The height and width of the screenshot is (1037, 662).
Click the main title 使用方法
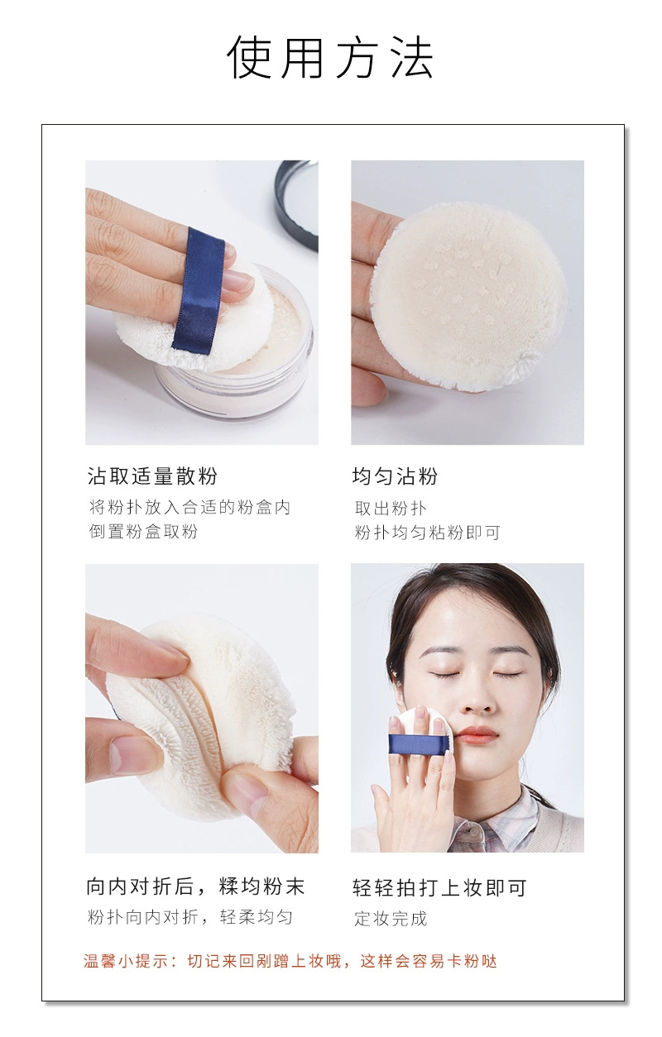click(330, 58)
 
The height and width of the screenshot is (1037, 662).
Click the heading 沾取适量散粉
click(152, 476)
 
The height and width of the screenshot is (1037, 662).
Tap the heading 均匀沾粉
click(395, 476)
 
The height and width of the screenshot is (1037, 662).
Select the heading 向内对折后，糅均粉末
click(195, 887)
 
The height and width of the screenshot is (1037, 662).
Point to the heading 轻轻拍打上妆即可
click(439, 888)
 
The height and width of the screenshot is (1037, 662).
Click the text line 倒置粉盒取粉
click(144, 532)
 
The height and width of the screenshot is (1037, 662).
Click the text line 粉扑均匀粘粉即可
click(427, 533)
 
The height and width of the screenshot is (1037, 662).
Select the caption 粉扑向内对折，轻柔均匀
click(190, 917)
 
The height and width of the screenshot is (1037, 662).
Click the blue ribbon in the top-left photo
click(199, 289)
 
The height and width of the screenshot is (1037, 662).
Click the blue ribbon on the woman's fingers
click(420, 743)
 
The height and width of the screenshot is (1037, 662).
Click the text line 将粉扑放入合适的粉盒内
click(189, 507)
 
